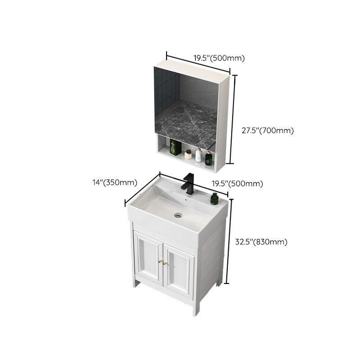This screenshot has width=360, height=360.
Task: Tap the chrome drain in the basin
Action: coord(179,214)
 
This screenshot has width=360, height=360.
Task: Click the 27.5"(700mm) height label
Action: coord(267,131)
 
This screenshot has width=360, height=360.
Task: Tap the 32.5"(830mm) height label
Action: coord(261,242)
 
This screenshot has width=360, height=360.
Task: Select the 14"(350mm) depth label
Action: coord(114,182)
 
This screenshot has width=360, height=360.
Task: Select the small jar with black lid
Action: coord(189,156)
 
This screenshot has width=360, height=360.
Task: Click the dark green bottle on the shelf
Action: coord(208,157)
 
